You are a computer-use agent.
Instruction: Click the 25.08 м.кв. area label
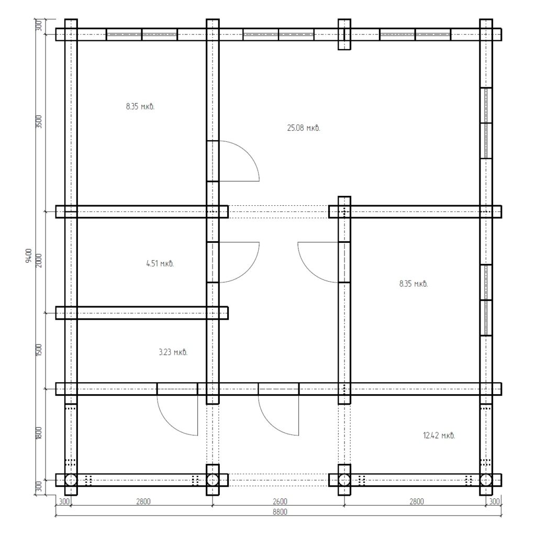point(304,128)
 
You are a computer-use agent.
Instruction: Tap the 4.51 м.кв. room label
point(160,264)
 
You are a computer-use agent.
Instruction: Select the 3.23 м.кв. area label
point(173,352)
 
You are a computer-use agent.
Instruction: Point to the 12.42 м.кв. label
point(439,435)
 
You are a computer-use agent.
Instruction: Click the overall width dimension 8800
point(280,512)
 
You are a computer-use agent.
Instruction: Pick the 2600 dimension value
point(280,501)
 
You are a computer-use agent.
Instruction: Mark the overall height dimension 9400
point(29,255)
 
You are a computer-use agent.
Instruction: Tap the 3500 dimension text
point(39,121)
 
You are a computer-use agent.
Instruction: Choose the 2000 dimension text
point(39,261)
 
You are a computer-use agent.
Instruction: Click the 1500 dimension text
point(39,350)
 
